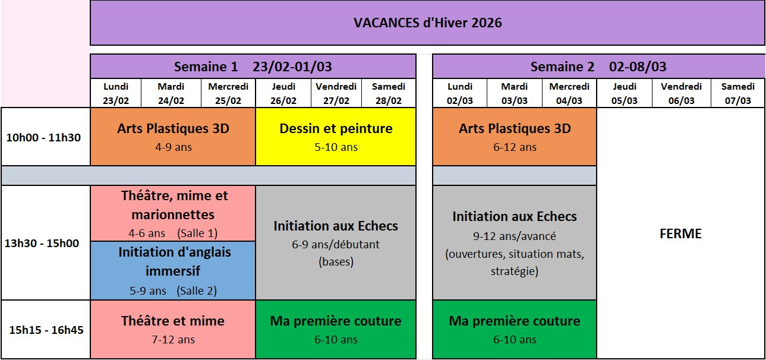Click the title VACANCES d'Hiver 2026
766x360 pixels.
coord(427,23)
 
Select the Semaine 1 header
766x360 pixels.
coord(253,67)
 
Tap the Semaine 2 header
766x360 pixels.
coord(598,67)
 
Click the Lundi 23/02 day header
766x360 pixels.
coord(116,93)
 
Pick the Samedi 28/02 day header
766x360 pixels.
coord(389,93)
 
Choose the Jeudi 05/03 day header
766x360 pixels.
coord(625,93)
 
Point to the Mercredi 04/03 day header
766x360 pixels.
coord(569,93)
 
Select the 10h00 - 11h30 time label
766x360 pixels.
coord(43,137)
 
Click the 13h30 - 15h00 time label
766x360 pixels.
coord(42,243)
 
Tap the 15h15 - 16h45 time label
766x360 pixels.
coord(46,330)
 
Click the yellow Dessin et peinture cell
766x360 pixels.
coord(336,137)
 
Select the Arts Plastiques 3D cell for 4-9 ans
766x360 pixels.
coord(173,137)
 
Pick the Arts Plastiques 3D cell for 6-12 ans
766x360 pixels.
coord(515,137)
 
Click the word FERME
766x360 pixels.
coord(680,233)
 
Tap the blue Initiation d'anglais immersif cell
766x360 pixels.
coord(173,271)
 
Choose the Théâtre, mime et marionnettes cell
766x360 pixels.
coord(173,213)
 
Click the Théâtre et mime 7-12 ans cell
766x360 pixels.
coord(173,330)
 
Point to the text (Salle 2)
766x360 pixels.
coord(197,290)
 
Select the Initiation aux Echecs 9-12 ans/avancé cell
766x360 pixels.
coord(515,243)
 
